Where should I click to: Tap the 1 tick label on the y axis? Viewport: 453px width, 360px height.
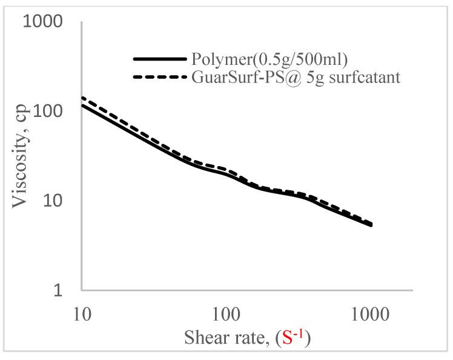click(59, 290)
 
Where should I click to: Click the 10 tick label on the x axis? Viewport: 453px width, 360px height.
click(82, 315)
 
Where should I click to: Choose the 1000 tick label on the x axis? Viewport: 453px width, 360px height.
click(370, 315)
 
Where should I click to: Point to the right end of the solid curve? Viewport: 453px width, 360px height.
click(371, 225)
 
